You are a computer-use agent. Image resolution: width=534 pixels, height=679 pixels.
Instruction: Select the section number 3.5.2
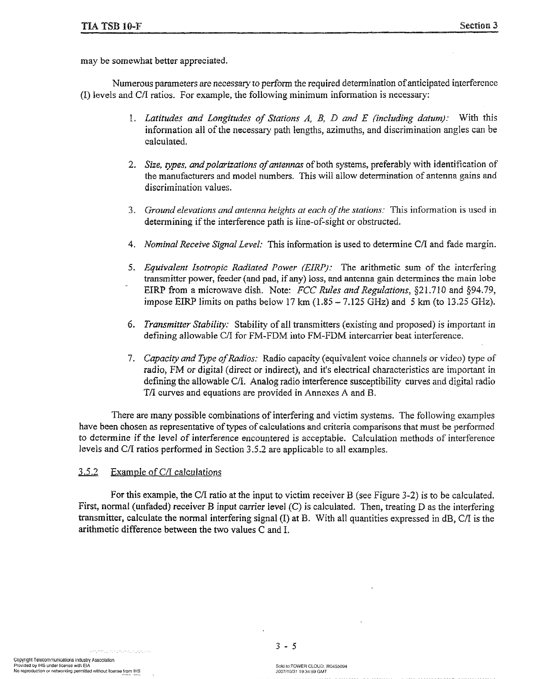point(88,472)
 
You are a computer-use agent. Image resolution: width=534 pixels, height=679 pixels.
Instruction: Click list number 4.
point(131,245)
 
